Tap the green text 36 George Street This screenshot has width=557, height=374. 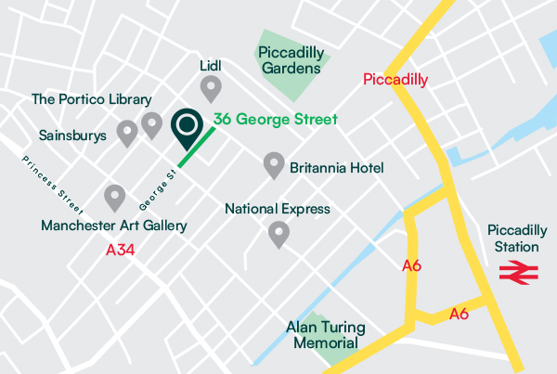click(275, 120)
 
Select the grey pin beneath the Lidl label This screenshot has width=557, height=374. click(212, 89)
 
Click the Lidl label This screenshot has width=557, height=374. click(212, 67)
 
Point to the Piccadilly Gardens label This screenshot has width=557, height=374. click(291, 58)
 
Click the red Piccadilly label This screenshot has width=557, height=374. click(395, 80)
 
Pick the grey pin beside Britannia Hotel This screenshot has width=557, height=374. click(273, 165)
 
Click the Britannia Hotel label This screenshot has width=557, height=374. click(337, 168)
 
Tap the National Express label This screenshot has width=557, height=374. click(278, 209)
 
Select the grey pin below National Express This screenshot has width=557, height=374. click(278, 234)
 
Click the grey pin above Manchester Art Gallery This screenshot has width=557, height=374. click(114, 197)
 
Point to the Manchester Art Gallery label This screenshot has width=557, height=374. click(114, 226)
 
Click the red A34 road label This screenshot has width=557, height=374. click(122, 250)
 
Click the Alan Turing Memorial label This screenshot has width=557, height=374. click(326, 335)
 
